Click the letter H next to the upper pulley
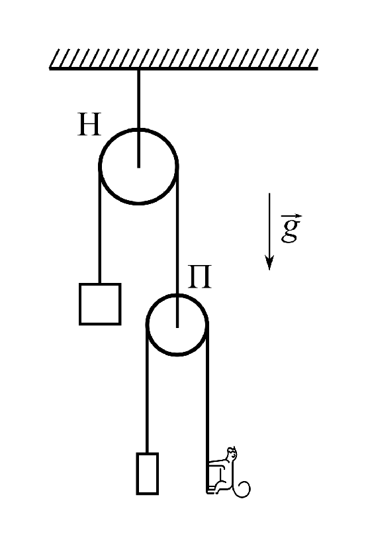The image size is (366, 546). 90,125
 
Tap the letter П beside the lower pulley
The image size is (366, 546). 199,277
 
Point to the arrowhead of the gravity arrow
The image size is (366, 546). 269,263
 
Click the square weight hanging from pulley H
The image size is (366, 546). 100,304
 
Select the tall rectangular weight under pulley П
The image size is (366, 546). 148,474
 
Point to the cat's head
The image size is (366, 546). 232,453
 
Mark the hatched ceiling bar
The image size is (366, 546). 183,59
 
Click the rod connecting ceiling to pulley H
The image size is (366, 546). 138,119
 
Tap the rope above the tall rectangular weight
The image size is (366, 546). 148,389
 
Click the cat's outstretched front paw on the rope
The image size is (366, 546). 212,463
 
